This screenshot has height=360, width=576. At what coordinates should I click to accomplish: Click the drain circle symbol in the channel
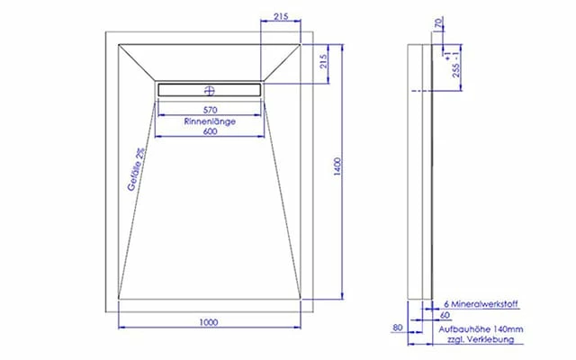click(x=210, y=90)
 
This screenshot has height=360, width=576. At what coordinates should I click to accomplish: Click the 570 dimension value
click(x=210, y=110)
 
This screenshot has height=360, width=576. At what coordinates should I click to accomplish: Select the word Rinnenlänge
click(x=210, y=121)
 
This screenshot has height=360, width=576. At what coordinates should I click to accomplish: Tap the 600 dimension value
click(x=210, y=131)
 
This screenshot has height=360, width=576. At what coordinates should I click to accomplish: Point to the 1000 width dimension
click(x=209, y=322)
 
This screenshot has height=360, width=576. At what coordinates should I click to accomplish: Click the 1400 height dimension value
click(x=337, y=166)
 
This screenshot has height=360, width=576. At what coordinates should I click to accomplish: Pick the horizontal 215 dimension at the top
click(x=281, y=16)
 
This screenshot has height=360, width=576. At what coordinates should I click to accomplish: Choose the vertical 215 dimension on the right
click(x=323, y=62)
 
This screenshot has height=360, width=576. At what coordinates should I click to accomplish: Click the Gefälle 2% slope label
click(x=136, y=169)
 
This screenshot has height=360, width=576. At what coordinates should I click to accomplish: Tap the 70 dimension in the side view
click(x=438, y=22)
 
